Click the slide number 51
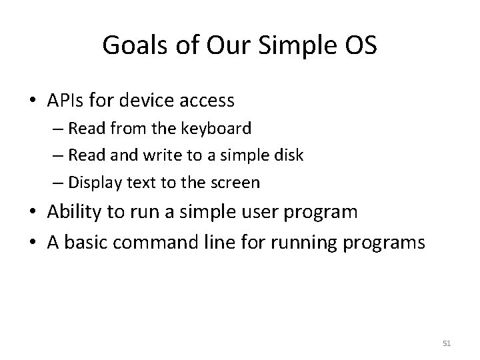pos(447,343)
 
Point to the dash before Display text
pos(63,181)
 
